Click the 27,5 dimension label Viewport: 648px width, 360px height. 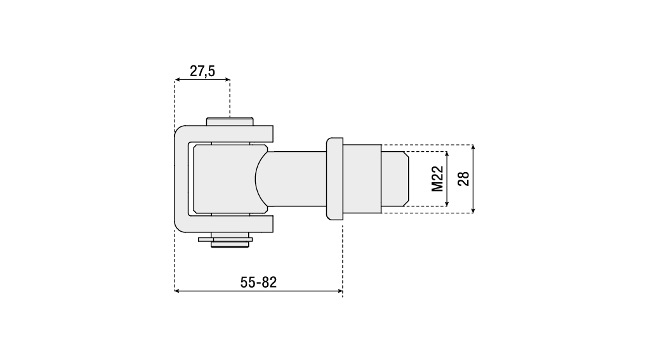[x=202, y=71]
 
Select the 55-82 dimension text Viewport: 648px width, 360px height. [x=258, y=283]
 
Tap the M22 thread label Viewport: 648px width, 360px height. [x=437, y=178]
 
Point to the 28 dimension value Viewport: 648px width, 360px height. [x=464, y=178]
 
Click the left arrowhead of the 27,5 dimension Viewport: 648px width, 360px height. [x=177, y=79]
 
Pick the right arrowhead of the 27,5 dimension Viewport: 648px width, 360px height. [x=227, y=79]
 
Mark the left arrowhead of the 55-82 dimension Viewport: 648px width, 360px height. [x=177, y=291]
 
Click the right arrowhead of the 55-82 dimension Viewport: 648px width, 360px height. [x=340, y=291]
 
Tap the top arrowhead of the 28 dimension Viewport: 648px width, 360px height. [x=473, y=147]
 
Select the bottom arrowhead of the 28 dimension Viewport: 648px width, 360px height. [x=473, y=210]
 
